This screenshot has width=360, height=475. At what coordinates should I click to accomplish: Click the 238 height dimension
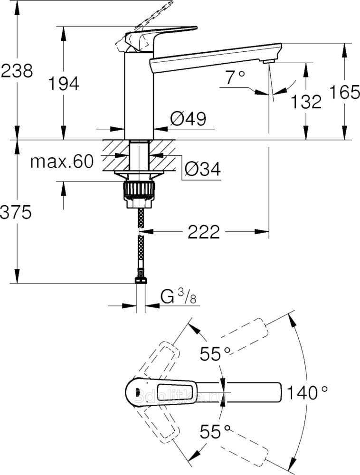click(17, 71)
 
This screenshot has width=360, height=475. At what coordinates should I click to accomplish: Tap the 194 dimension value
click(63, 84)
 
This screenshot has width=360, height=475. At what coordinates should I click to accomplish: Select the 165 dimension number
click(344, 92)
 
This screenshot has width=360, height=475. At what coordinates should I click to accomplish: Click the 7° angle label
click(235, 77)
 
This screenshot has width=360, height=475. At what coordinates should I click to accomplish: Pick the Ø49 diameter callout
click(188, 119)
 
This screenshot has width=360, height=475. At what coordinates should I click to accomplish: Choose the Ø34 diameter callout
click(202, 168)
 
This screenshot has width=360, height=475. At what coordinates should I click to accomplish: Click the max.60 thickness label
click(62, 162)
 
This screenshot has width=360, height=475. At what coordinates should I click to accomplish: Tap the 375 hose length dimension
click(16, 212)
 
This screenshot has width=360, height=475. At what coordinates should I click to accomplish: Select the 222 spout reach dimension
click(204, 232)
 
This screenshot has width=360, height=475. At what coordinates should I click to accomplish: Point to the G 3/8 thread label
click(178, 298)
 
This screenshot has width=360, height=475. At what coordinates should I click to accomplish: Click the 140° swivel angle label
click(307, 392)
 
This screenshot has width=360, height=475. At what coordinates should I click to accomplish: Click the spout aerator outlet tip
click(268, 61)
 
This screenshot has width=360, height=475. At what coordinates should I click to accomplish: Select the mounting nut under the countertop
click(139, 191)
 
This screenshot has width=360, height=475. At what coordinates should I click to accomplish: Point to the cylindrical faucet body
click(139, 95)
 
